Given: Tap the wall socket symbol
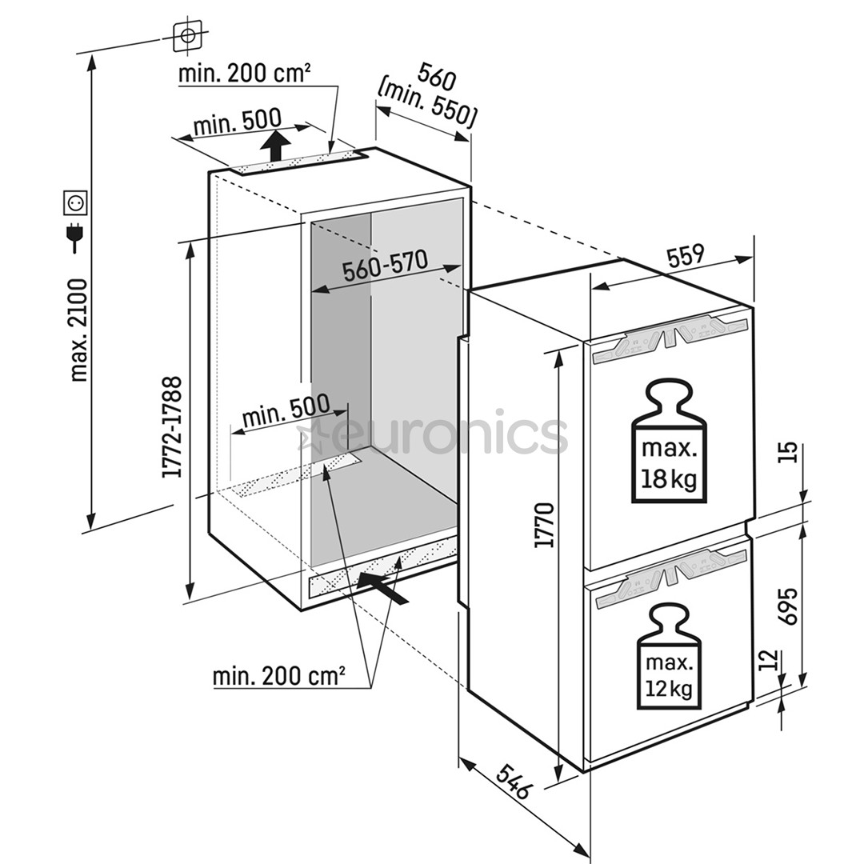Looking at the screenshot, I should click(75, 203).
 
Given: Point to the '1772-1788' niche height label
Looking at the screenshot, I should click(172, 427).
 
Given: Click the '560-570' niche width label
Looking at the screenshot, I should click(385, 266).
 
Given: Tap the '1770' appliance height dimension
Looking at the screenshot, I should click(546, 525).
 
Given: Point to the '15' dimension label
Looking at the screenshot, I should click(788, 453).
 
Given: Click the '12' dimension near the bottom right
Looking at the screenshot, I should click(767, 662).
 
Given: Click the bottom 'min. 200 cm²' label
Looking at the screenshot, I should click(278, 676).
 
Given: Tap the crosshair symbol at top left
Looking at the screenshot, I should click(188, 35).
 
